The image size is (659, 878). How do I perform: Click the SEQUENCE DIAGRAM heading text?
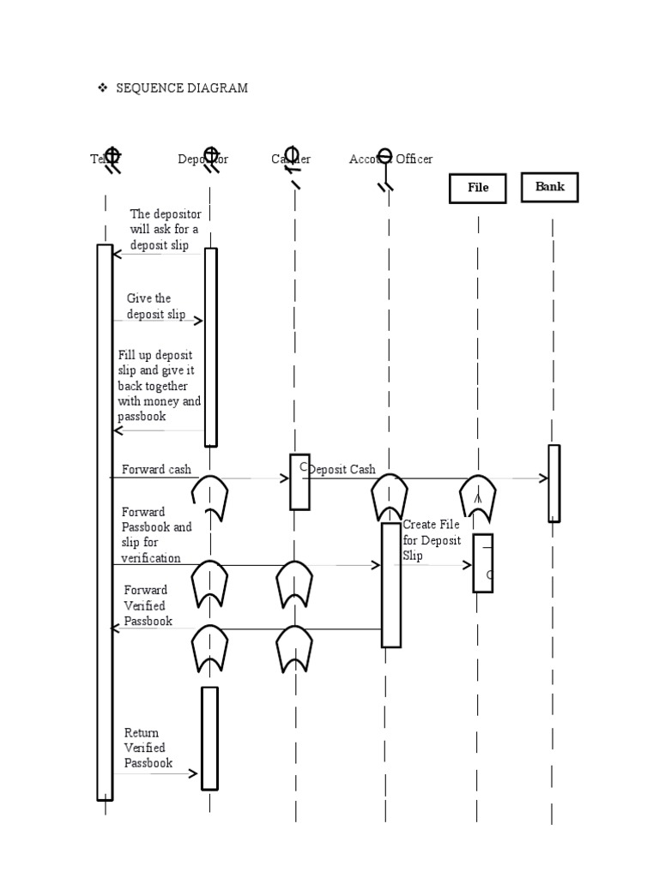click(182, 88)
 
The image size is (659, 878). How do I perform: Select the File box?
click(478, 188)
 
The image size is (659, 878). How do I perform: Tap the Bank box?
click(550, 187)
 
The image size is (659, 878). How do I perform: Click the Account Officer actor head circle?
click(385, 156)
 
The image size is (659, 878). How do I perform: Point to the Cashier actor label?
click(291, 159)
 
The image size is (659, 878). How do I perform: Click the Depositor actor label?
click(203, 159)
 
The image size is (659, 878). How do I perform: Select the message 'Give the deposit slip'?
click(156, 306)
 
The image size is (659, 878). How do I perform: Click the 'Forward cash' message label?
click(156, 470)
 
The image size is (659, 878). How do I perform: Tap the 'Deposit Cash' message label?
click(342, 470)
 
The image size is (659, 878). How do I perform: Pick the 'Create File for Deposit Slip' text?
click(432, 539)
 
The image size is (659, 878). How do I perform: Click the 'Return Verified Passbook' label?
click(148, 748)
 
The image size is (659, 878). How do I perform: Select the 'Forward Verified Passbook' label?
click(148, 605)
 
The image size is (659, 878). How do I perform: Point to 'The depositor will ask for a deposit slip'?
click(165, 230)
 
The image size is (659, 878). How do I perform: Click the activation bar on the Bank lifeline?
click(554, 483)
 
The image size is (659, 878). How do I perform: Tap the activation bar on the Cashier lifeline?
click(299, 482)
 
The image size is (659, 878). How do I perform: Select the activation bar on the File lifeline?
click(483, 562)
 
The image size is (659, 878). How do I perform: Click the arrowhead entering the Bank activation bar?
click(543, 478)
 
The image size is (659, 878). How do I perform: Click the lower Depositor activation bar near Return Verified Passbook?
click(209, 737)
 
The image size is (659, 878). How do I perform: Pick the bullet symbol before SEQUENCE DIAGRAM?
click(102, 88)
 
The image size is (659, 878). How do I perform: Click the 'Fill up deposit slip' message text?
click(160, 386)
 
